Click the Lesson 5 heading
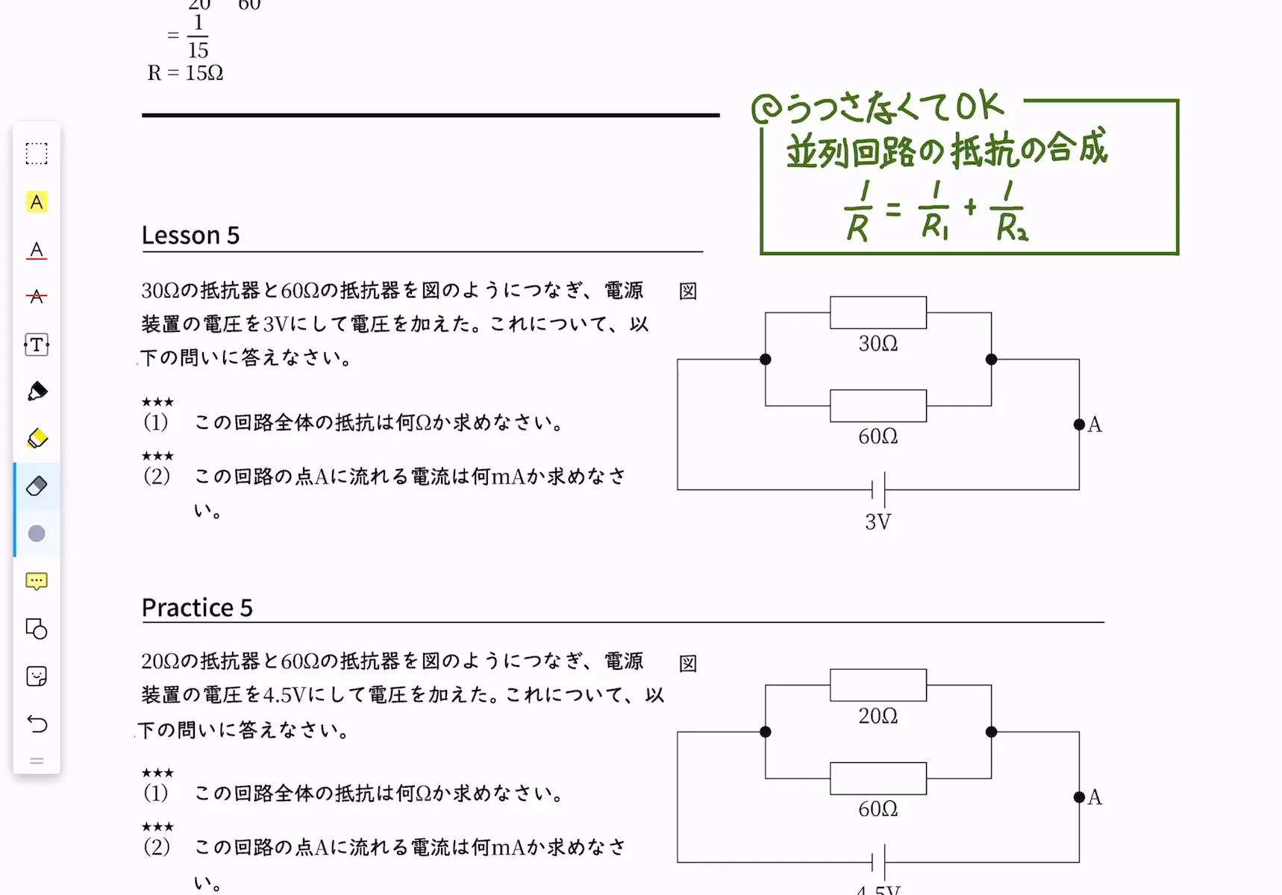point(190,235)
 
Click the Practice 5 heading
point(197,607)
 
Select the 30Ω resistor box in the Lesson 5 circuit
point(878,313)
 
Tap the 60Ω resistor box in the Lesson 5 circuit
point(878,406)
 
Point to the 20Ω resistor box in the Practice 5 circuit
point(878,685)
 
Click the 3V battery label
point(878,522)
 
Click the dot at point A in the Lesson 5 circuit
point(1079,424)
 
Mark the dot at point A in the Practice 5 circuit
point(1079,797)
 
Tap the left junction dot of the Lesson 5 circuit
point(766,359)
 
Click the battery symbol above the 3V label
point(878,489)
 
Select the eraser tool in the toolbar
point(37,486)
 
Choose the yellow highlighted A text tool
point(37,202)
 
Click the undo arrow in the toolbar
point(37,723)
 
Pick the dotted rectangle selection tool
point(37,154)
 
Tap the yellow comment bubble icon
point(37,581)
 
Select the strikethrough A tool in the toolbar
point(37,297)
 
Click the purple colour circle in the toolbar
point(37,533)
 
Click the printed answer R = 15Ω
point(185,73)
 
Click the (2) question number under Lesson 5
point(157,476)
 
